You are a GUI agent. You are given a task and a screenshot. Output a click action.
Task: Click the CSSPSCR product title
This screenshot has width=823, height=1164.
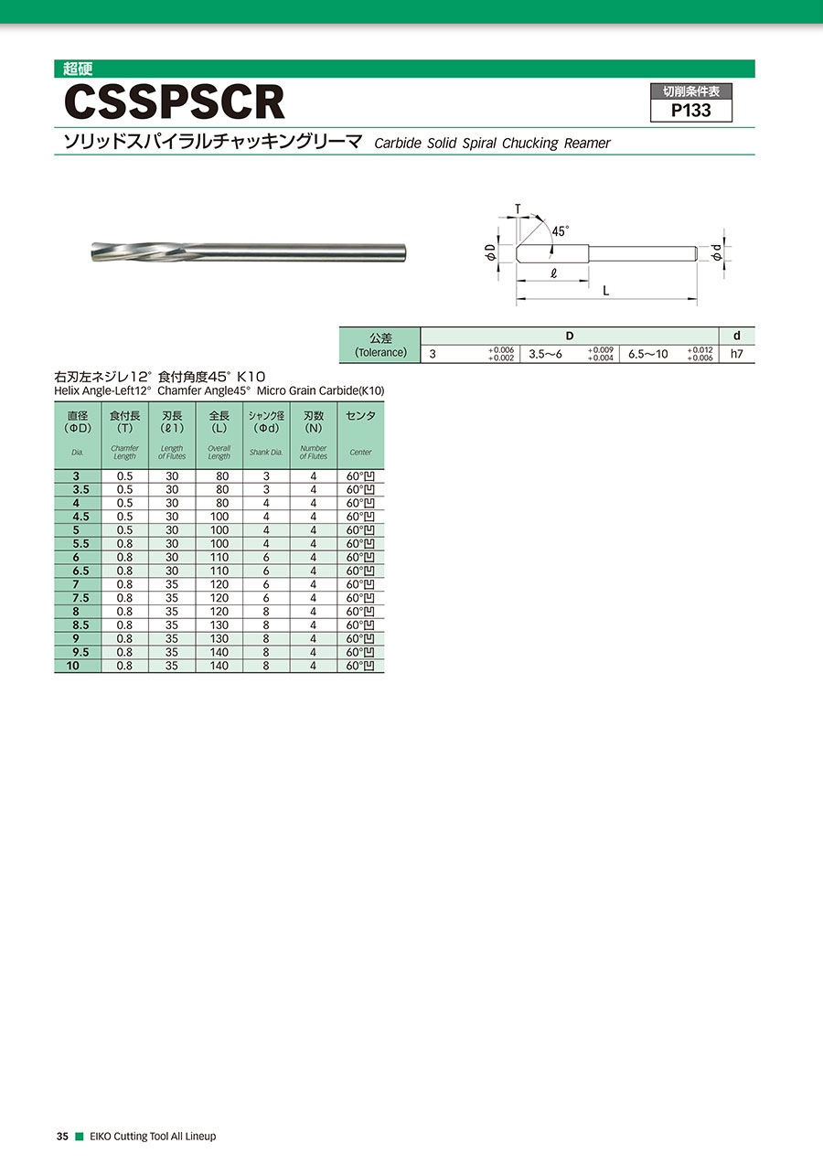(x=175, y=102)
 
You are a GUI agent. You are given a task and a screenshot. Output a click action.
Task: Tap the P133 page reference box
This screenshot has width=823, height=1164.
(x=691, y=103)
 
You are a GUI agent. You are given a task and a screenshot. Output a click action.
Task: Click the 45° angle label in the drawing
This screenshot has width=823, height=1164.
(x=560, y=230)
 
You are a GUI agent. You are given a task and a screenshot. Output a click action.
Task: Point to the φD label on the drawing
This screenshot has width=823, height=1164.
(x=490, y=253)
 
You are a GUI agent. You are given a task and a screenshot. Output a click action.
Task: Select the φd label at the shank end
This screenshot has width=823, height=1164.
(x=717, y=252)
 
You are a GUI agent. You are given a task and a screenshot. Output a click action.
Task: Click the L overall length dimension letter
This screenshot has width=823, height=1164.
(x=605, y=291)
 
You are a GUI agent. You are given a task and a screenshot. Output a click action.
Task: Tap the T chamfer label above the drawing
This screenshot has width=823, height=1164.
(x=518, y=208)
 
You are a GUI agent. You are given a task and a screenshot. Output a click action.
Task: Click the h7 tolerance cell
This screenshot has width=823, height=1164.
(x=737, y=354)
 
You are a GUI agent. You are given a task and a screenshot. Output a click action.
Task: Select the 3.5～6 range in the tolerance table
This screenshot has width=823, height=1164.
(x=545, y=355)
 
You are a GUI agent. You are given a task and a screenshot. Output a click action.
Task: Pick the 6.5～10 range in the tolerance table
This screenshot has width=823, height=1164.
(x=648, y=355)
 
